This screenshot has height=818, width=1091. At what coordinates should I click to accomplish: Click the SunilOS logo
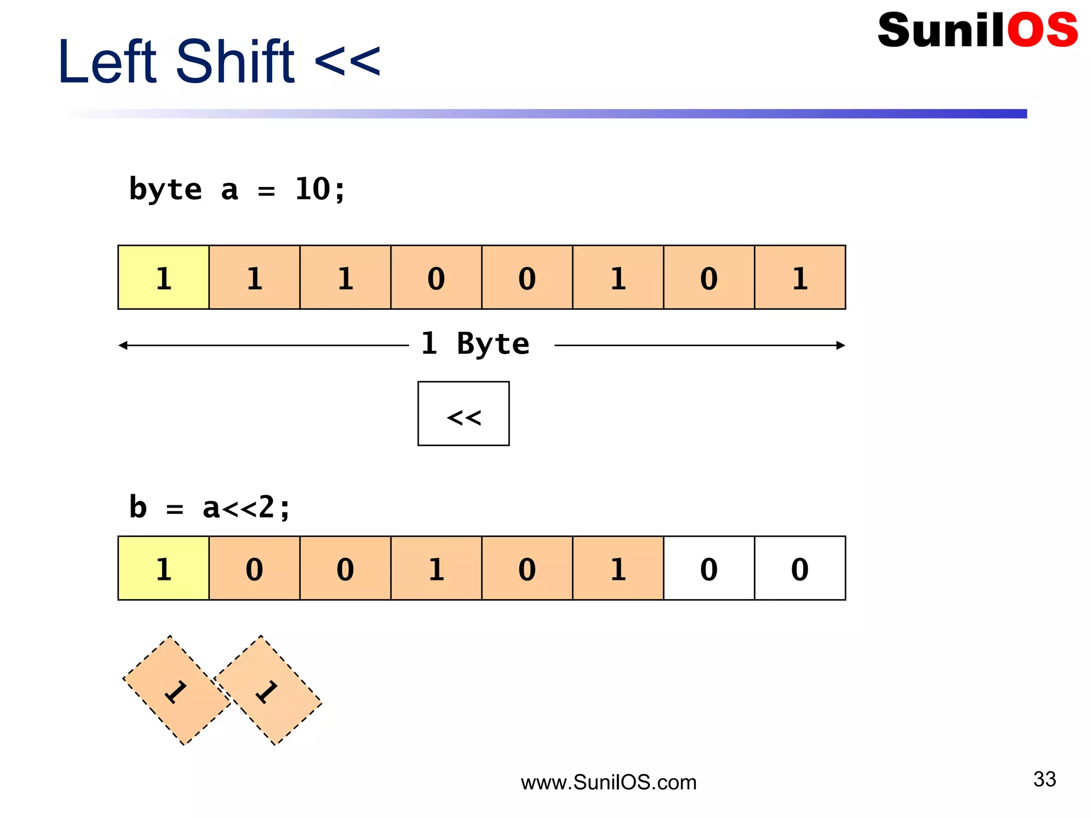[x=977, y=30]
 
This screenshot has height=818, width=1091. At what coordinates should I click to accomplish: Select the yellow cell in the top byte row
[x=164, y=277]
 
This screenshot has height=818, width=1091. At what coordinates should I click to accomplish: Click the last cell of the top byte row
[x=800, y=277]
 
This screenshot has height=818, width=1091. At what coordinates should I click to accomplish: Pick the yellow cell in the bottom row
[x=164, y=568]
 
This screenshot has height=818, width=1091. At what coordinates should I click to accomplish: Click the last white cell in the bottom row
[x=800, y=568]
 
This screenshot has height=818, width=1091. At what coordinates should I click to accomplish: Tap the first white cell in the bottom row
[x=709, y=568]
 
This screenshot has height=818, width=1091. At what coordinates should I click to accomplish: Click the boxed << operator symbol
[x=463, y=414]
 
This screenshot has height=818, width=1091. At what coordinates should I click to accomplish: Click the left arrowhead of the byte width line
[x=123, y=346]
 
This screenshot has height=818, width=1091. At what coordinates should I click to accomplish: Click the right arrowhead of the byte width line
[x=841, y=346]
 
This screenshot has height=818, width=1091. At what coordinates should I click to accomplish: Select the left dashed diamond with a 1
[x=176, y=690]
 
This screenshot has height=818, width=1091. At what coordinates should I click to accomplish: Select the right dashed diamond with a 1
[x=267, y=690]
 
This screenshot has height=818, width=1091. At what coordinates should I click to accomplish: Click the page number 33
[x=1044, y=779]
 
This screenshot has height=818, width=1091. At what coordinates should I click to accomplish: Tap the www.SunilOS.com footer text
[x=608, y=782]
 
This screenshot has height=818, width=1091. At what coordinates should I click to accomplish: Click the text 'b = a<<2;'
[x=209, y=507]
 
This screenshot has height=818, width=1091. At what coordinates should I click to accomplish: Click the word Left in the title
[x=107, y=62]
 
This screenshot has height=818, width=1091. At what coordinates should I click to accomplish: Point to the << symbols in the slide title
[x=347, y=62]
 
